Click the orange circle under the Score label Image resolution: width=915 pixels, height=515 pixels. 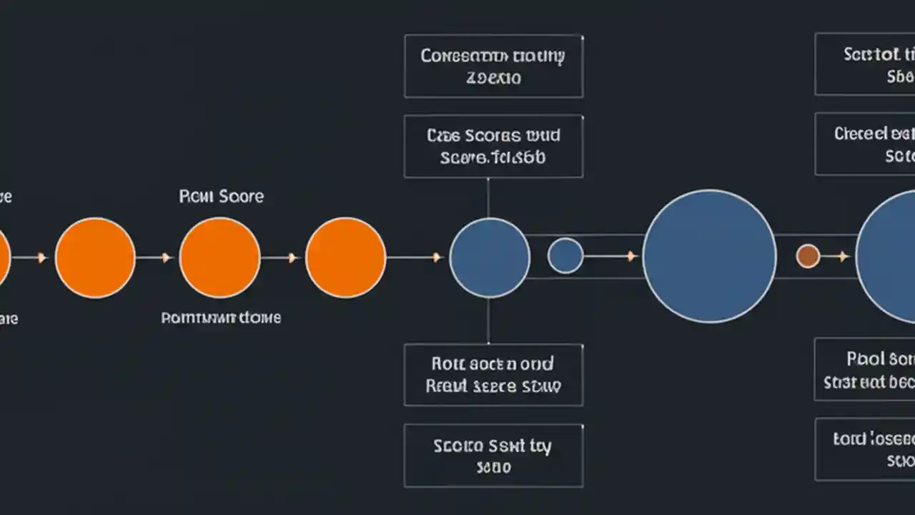coord(219,257)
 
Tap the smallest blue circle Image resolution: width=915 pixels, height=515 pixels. coord(565,256)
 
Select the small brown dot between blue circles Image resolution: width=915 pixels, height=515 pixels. coord(808,256)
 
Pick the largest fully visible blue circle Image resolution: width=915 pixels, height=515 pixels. coord(709,256)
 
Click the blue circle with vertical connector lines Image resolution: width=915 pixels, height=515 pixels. coord(490,257)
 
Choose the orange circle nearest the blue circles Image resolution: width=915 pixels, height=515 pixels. coord(345,257)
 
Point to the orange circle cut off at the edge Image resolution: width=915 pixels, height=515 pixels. coord(4,257)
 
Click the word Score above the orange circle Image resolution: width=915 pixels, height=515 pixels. coord(241,196)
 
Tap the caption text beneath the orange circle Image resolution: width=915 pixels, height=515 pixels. coord(221,318)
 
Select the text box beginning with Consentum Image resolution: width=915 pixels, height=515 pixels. coord(493,66)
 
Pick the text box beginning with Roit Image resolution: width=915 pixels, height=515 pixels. coord(493,375)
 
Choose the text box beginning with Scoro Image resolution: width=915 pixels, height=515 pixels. coord(493,456)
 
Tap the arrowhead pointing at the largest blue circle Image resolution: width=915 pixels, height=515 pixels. coord(632,255)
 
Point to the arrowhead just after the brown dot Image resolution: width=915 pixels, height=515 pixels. coord(844,256)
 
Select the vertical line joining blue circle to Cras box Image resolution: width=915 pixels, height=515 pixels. coord(488,197)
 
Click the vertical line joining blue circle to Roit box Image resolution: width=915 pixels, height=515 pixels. coord(488,320)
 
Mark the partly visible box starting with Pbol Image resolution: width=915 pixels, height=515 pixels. coord(866,369)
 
